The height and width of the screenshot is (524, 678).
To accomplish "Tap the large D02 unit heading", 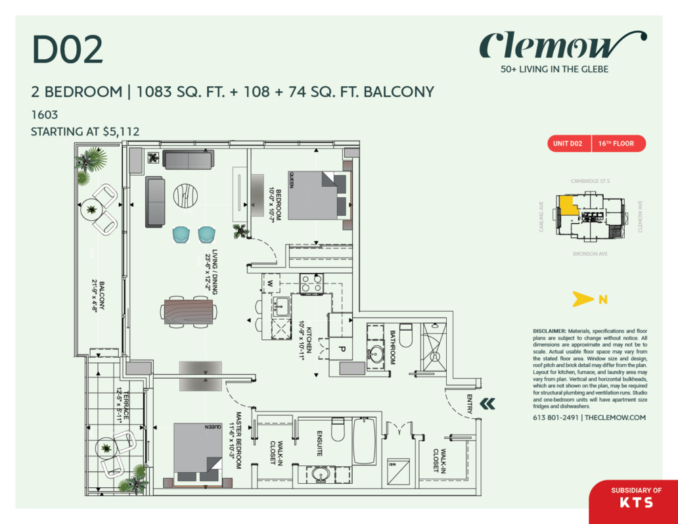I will pyautogui.click(x=68, y=51).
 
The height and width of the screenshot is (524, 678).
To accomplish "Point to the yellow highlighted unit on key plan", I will pyautogui.click(x=567, y=207).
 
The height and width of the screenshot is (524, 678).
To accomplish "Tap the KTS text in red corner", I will pyautogui.click(x=636, y=502).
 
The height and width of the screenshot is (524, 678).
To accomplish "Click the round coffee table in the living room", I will pyautogui.click(x=189, y=195).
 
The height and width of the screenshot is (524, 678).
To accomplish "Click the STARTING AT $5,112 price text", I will pyautogui.click(x=85, y=131).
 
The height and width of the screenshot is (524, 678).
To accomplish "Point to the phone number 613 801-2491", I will pyautogui.click(x=556, y=417).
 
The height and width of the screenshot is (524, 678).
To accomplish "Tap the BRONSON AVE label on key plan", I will pyautogui.click(x=589, y=252).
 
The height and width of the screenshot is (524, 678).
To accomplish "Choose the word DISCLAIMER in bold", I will pyautogui.click(x=549, y=331).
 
